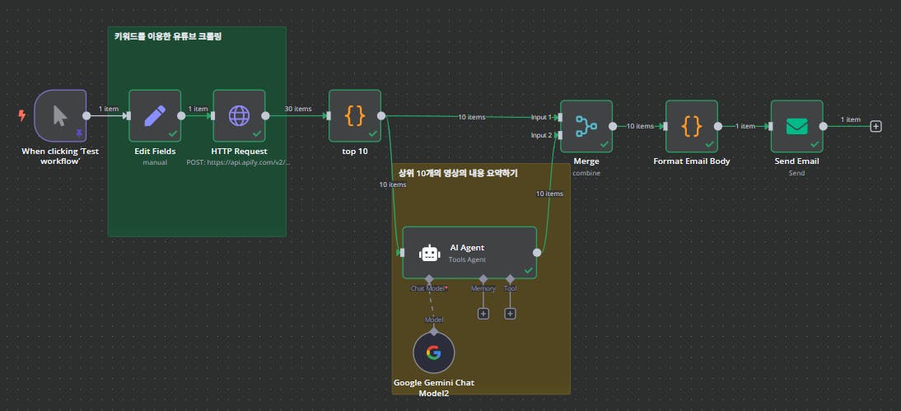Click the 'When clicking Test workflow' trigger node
[x=60, y=115]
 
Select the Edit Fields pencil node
[x=155, y=115]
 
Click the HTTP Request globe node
[x=239, y=115]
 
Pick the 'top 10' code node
[x=355, y=115]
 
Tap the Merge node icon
[x=586, y=126]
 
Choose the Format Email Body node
[x=691, y=126]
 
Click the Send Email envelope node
[x=796, y=126]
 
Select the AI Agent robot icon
[x=430, y=253]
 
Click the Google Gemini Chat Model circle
[x=433, y=353]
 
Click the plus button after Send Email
[x=876, y=126]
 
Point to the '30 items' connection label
[x=297, y=109]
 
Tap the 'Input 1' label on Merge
[x=541, y=117]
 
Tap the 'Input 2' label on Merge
[x=541, y=135]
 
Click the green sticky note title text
[x=168, y=37]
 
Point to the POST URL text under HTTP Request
[x=239, y=162]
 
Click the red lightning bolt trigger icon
[x=22, y=115]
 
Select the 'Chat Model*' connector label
[x=428, y=288]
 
